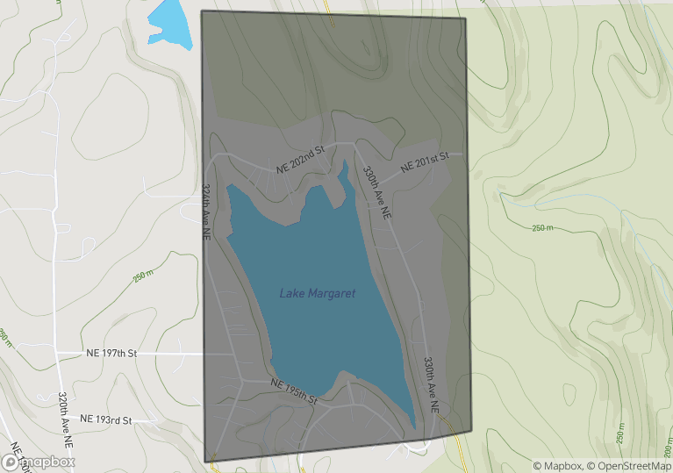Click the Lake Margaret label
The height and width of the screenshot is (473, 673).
pyautogui.click(x=318, y=293)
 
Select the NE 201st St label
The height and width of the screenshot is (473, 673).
pyautogui.click(x=425, y=161)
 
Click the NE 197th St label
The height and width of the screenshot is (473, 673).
pyautogui.click(x=112, y=353)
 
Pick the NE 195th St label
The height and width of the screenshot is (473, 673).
pyautogui.click(x=293, y=391)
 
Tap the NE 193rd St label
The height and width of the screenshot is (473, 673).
pyautogui.click(x=105, y=420)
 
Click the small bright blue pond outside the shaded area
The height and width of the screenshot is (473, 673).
pyautogui.click(x=168, y=25)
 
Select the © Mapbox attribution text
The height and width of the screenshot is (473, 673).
pyautogui.click(x=558, y=465)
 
